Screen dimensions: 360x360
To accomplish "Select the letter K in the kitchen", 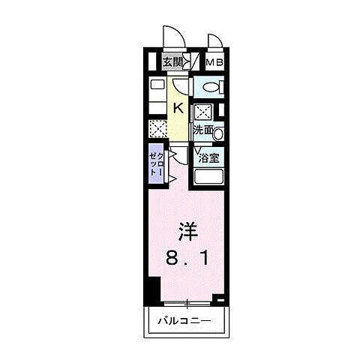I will (x=178, y=108).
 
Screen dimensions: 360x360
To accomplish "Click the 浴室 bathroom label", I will (x=208, y=158).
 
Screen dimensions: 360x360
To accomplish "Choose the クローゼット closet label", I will (x=154, y=163).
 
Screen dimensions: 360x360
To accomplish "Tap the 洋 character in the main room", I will (x=187, y=231).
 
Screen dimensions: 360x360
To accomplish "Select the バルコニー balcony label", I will (x=184, y=322).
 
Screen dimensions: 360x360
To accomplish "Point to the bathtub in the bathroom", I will (x=208, y=179).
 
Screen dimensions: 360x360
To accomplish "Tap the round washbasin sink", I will (x=218, y=134).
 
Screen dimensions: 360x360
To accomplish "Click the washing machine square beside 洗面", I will (x=203, y=113).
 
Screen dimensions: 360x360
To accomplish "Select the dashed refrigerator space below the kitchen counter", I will (x=157, y=129).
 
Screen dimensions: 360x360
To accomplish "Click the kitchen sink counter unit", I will (x=157, y=93).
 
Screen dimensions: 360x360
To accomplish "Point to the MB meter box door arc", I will (x=215, y=43).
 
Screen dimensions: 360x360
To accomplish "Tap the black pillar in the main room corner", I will (x=153, y=289).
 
